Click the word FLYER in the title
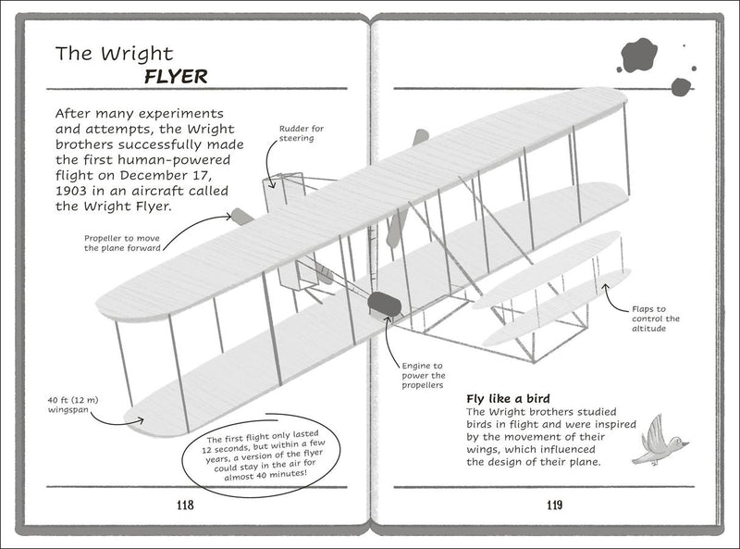(x=176, y=77)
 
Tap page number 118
(x=185, y=505)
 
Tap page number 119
(x=554, y=505)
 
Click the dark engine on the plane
(x=385, y=304)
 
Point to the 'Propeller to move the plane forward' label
(x=122, y=243)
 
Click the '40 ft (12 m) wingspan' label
(x=73, y=405)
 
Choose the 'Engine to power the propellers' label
(x=424, y=376)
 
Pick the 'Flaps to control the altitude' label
(x=656, y=318)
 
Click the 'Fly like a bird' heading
(x=508, y=399)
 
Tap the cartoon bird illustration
(x=660, y=441)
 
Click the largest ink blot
(x=639, y=56)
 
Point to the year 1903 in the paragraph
(x=71, y=191)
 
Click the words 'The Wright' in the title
(x=114, y=54)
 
